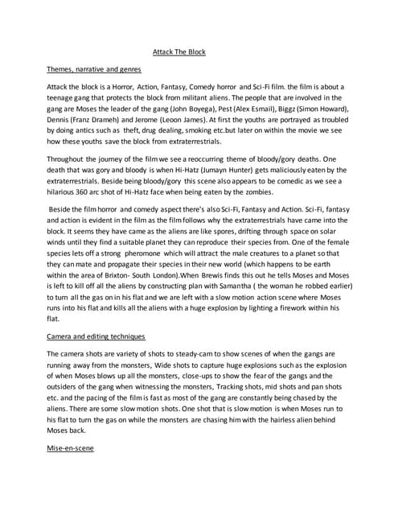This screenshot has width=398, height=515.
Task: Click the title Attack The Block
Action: pyautogui.click(x=179, y=52)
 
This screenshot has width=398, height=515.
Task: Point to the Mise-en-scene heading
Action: pyautogui.click(x=71, y=447)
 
